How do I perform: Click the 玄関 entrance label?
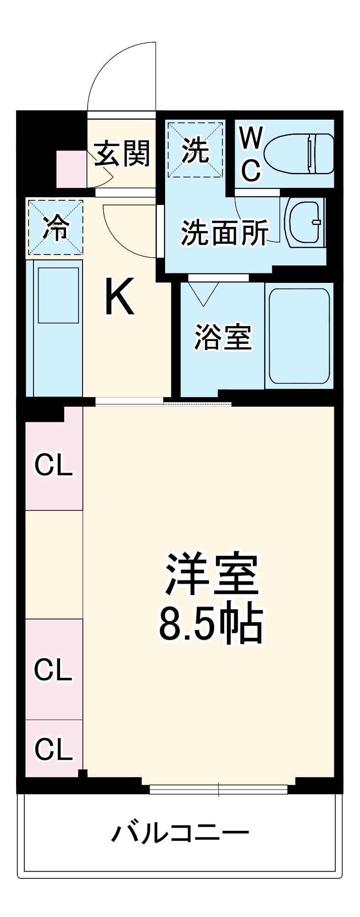(x=122, y=153)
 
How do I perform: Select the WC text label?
(x=251, y=154)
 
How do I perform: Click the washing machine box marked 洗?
(x=195, y=149)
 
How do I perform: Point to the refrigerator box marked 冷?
(x=56, y=227)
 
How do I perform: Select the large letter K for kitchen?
(x=120, y=297)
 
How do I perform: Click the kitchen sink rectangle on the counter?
(x=58, y=295)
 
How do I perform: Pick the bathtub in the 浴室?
(x=299, y=336)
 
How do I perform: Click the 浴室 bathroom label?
(x=223, y=337)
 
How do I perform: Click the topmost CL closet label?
(x=54, y=465)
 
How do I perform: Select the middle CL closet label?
(x=53, y=669)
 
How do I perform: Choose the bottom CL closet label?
(x=54, y=749)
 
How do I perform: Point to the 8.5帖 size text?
(x=211, y=624)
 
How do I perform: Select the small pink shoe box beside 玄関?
(x=71, y=169)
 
